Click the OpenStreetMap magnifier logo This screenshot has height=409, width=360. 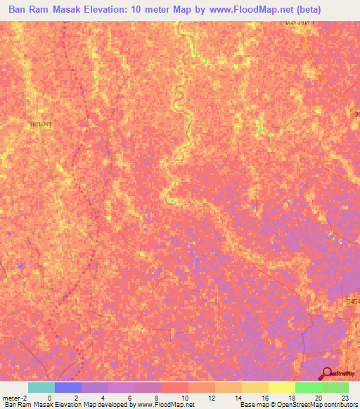[x=328, y=373]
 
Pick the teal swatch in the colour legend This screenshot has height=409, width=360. [x=41, y=387]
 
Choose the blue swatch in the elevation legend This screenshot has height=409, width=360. [x=68, y=387]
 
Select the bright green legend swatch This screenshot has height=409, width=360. [x=309, y=387]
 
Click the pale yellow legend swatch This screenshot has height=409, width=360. [x=282, y=387]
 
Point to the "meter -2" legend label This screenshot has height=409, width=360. [x=13, y=398]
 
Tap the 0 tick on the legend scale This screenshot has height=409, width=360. [x=49, y=398]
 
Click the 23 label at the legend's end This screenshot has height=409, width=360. [x=345, y=398]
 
